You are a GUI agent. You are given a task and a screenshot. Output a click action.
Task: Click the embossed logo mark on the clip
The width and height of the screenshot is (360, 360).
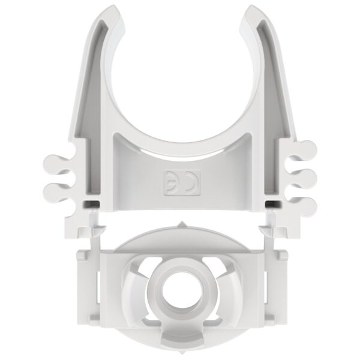(x=179, y=182)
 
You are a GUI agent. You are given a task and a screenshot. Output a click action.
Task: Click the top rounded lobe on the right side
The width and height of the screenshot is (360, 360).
(x=307, y=148)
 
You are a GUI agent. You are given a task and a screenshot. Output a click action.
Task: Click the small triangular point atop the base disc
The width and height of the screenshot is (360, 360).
(x=179, y=224)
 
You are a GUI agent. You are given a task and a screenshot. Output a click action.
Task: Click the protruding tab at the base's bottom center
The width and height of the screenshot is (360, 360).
(x=179, y=337)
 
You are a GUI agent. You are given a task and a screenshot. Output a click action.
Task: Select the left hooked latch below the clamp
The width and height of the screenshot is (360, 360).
(x=96, y=227)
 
